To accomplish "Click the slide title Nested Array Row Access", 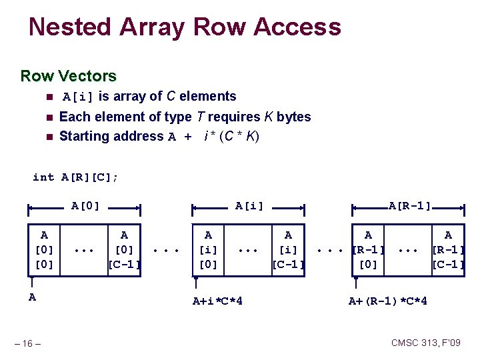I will pos(185,27).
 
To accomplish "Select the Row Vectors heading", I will pos(68,76).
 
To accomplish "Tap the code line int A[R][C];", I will pos(75,177).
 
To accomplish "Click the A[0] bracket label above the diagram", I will pos(85,206).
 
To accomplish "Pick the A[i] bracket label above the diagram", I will pos(249,206).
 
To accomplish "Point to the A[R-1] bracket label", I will pos(409,206).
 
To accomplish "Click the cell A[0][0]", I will pos(44,249).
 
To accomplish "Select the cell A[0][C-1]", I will pos(124,249).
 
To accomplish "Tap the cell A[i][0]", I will pos(208,249).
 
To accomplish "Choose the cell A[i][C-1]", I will pos(288,249).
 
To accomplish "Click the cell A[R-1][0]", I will pos(368,249).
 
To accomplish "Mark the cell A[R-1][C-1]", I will pos(448,249).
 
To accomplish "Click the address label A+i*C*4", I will pos(217,301).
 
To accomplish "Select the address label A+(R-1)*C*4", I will pos(388,301).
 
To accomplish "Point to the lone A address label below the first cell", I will pos(32,297).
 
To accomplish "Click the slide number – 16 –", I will pos(28,343).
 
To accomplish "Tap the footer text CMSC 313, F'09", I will pos(425,343).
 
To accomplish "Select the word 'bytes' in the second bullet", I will pos(294,117).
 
